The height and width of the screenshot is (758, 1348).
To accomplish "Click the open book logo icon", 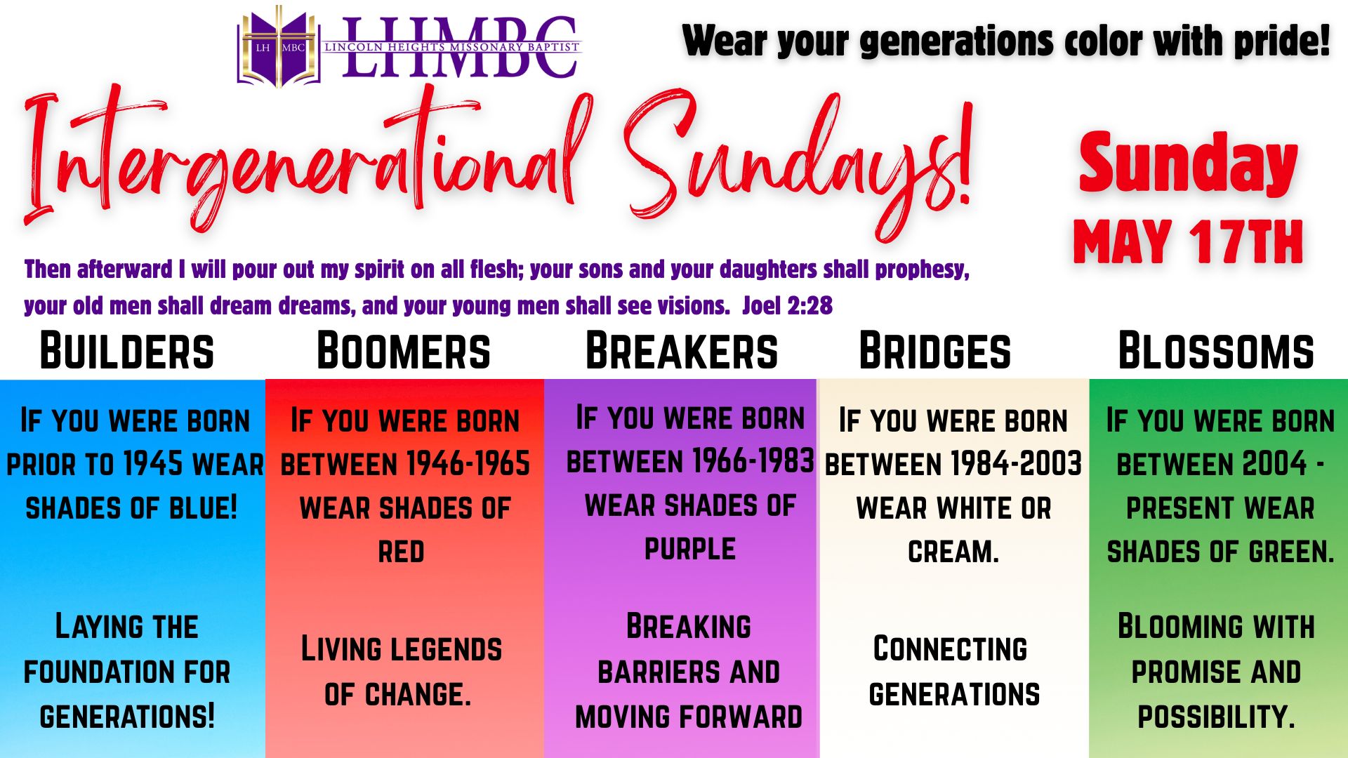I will click(279, 48).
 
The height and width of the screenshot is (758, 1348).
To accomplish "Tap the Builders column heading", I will click(127, 351).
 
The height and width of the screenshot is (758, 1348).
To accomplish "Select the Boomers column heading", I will click(404, 351).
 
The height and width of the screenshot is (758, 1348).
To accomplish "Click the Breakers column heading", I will click(682, 351).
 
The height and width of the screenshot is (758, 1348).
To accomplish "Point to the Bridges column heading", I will click(935, 351).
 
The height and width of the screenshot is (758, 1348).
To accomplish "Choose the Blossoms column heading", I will click(1216, 351).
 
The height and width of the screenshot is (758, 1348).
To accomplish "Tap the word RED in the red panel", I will click(401, 552).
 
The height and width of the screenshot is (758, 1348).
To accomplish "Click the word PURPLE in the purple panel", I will click(690, 549).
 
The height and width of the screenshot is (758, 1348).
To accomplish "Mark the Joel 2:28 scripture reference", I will click(787, 306).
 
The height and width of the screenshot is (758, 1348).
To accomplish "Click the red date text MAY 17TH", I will click(1188, 242).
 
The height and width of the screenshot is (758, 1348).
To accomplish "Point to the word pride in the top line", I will click(1281, 41).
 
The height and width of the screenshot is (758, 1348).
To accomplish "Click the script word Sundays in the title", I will click(797, 161).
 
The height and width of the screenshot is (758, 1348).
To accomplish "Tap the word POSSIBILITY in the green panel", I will click(1216, 717).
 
